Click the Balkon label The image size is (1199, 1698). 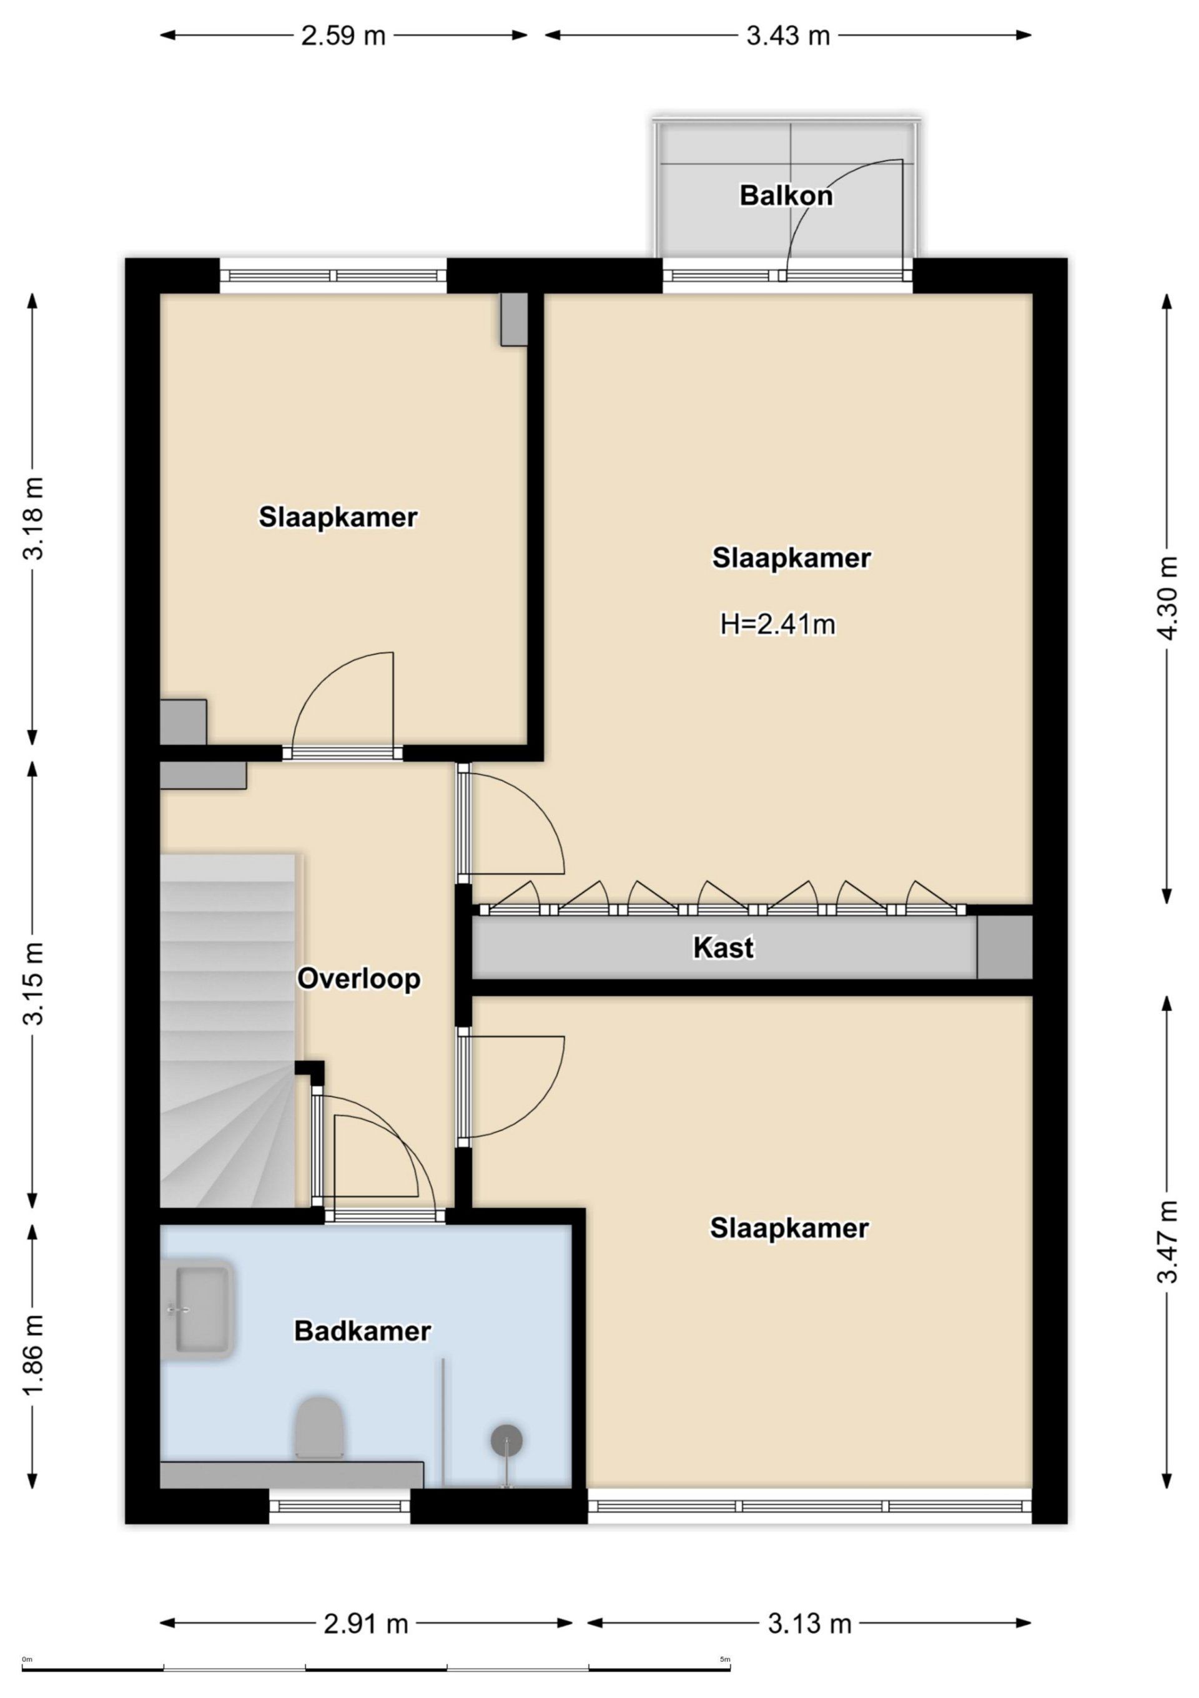coord(786,196)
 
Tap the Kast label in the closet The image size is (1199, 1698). coord(723,947)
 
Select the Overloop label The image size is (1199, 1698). coord(358,979)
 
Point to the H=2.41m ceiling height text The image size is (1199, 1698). coord(777,625)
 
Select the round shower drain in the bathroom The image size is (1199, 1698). coord(507,1440)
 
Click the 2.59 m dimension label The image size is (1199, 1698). coord(343,36)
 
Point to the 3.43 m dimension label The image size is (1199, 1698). coord(788,36)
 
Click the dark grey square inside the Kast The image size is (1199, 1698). coord(1004,947)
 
